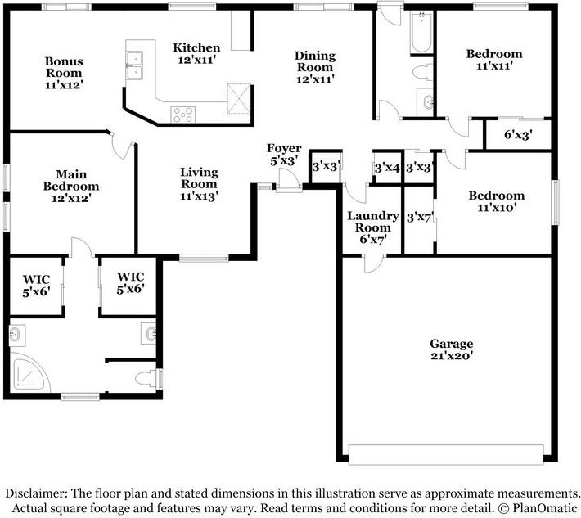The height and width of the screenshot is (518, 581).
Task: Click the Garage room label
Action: [x=452, y=349]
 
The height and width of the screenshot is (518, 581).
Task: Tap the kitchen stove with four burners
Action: [x=182, y=115]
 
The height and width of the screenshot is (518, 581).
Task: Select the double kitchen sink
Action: [x=134, y=65]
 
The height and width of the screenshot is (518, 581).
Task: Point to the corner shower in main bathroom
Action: [x=29, y=373]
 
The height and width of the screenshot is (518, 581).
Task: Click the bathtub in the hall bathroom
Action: [x=421, y=32]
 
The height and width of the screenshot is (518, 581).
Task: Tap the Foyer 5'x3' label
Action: [x=284, y=154]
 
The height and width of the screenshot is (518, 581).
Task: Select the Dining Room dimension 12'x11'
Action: [x=315, y=79]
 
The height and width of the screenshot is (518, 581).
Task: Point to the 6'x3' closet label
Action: [x=518, y=135]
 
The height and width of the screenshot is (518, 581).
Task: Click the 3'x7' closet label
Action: [x=420, y=218]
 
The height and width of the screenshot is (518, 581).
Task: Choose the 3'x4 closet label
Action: [x=387, y=169]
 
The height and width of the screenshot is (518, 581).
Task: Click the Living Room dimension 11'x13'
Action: [x=200, y=196]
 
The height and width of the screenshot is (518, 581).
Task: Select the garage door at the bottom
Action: [x=446, y=454]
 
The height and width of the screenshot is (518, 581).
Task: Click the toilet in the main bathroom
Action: [x=147, y=379]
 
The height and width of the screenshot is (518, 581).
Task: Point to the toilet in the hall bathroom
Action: [x=422, y=72]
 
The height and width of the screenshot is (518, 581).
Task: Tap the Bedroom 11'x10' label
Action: [x=497, y=201]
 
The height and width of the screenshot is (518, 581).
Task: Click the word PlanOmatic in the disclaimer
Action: [x=545, y=507]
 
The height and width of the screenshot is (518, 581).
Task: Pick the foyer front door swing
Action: [x=289, y=179]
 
